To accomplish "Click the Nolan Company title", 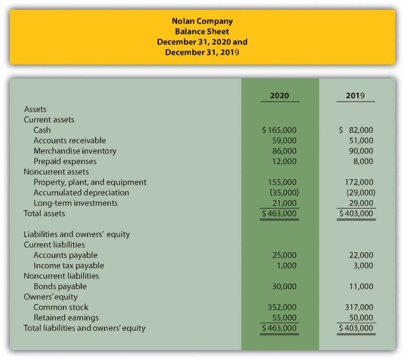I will click(x=202, y=21).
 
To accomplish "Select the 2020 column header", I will click(x=279, y=95).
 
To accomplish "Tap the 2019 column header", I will click(x=355, y=95).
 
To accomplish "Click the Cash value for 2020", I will click(x=279, y=130).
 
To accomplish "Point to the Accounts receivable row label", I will click(x=70, y=140).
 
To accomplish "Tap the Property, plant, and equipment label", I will click(x=90, y=182).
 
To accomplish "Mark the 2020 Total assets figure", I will click(x=279, y=214).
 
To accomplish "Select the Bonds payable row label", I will click(x=60, y=286).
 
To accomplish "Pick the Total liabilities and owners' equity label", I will click(x=85, y=328).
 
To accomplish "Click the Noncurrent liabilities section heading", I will click(x=61, y=276).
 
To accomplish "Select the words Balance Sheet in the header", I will click(x=202, y=31).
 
